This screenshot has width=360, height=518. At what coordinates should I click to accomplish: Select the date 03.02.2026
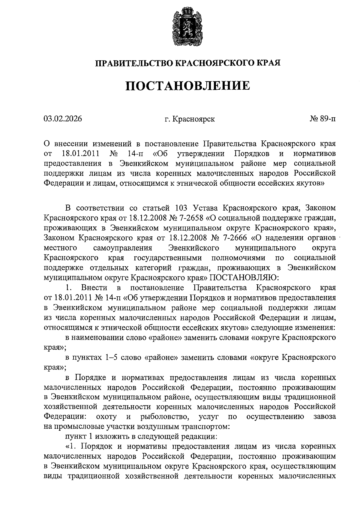[x=62, y=119]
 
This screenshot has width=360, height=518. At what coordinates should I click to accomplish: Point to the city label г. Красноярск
[x=190, y=119]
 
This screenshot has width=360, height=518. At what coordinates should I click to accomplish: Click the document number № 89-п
[x=323, y=119]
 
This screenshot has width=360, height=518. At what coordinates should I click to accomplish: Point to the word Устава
[x=206, y=208]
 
